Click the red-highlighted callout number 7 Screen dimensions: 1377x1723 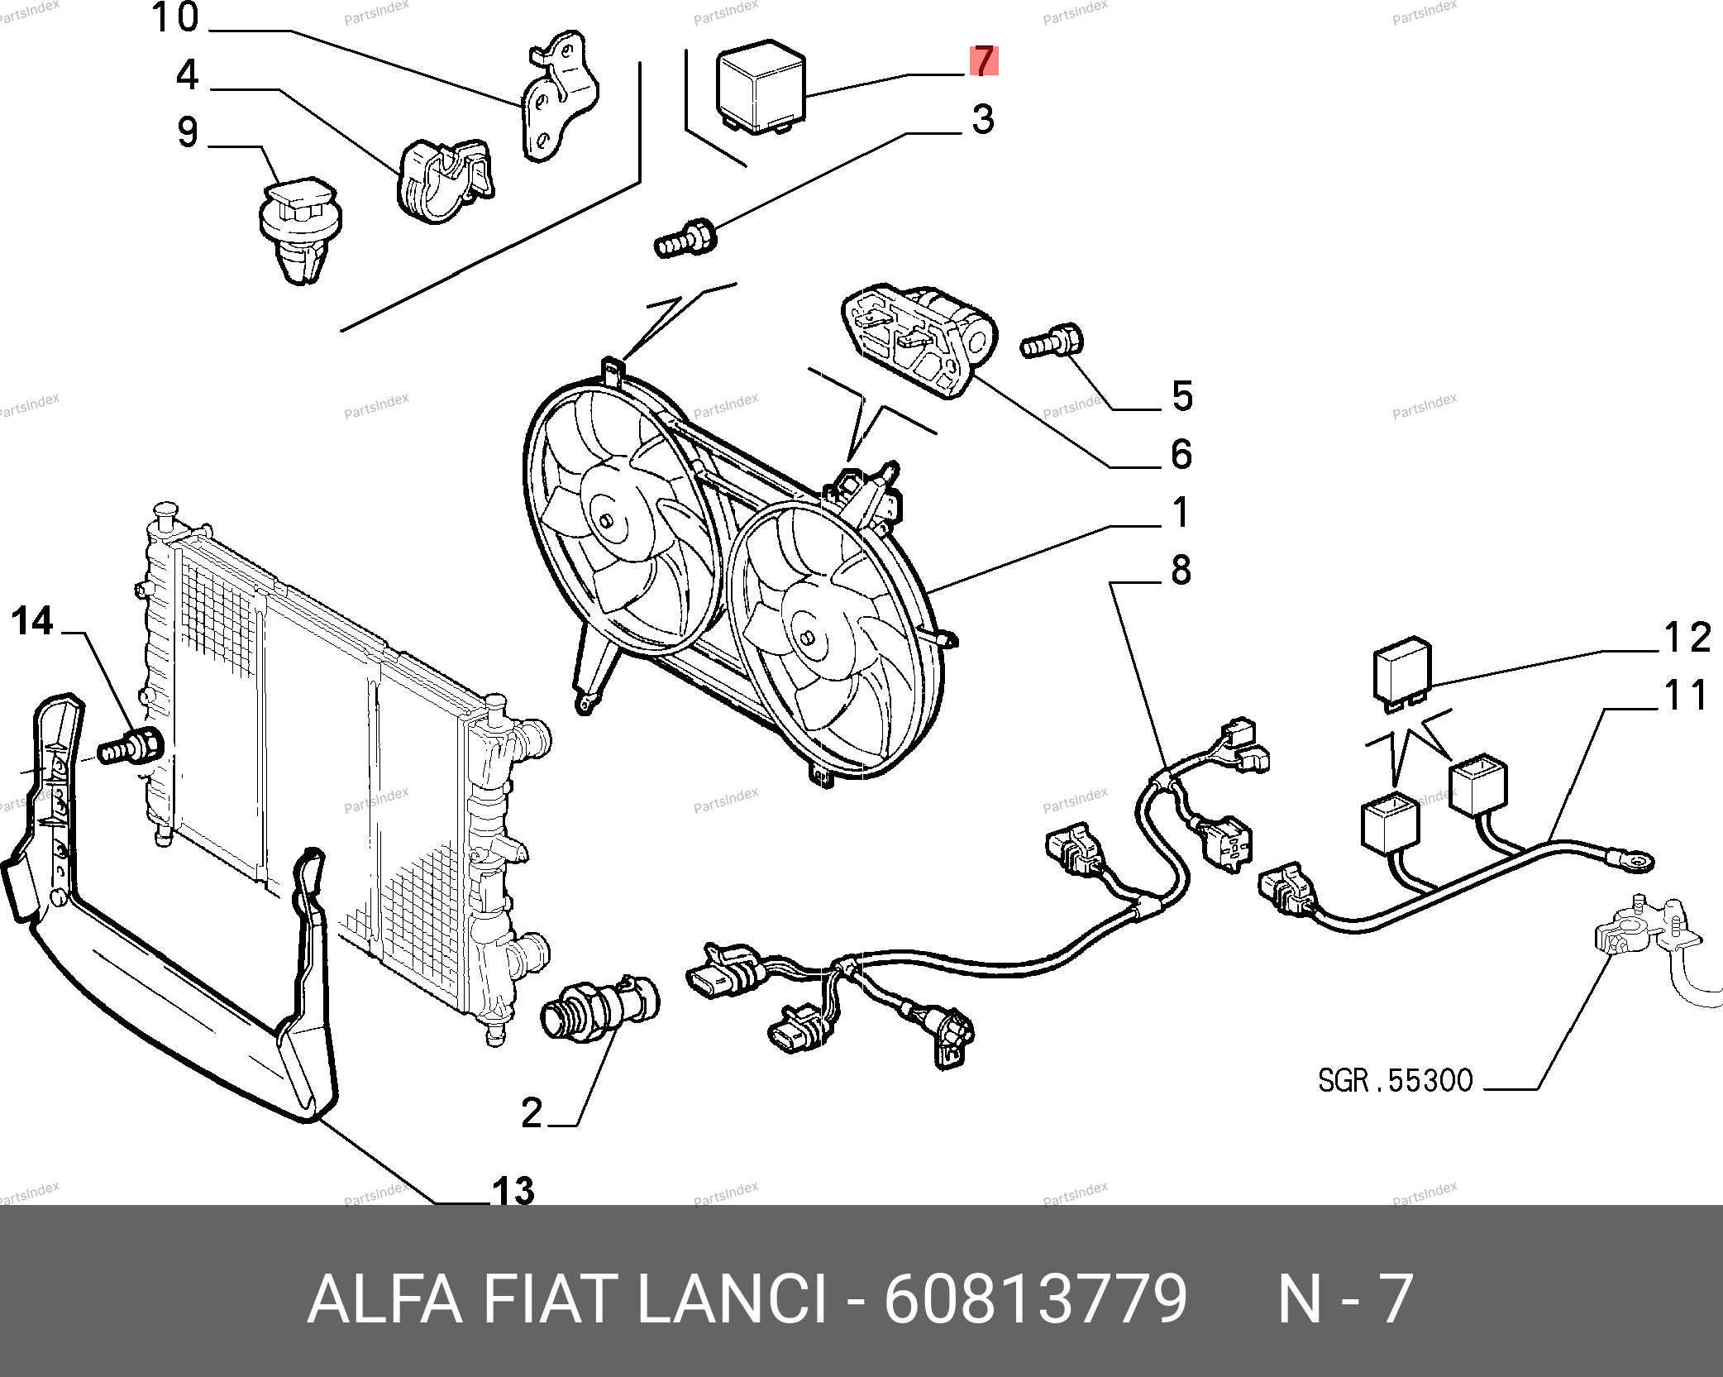(983, 60)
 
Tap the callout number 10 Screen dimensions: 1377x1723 (175, 17)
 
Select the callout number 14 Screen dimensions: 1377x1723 (33, 621)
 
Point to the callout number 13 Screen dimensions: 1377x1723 (513, 1190)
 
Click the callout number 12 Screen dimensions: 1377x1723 (1686, 638)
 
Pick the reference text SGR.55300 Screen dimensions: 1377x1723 (1395, 1080)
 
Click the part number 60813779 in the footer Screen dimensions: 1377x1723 (1035, 1299)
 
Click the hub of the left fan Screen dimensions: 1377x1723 (607, 521)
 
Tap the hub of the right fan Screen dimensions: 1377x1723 (808, 638)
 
